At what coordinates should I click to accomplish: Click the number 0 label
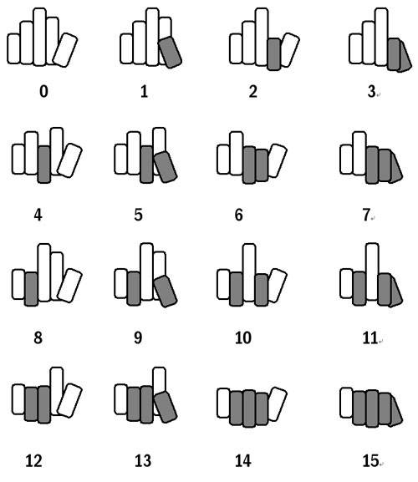point(43,91)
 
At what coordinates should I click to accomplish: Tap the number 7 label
point(366,215)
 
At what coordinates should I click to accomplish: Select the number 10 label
point(243,337)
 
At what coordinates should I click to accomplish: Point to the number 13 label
point(143,460)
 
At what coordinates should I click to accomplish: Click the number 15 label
point(370,460)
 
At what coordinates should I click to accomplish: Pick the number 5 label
point(138,215)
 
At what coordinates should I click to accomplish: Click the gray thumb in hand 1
point(170,52)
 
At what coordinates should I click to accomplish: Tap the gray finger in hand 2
point(273,54)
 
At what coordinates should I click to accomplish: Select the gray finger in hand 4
point(44,165)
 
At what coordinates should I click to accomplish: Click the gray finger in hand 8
point(32,289)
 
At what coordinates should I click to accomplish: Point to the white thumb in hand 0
point(65,50)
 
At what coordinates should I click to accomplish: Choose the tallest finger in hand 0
point(40,37)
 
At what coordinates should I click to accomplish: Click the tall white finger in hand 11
point(373,271)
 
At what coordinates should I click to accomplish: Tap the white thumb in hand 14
point(278,404)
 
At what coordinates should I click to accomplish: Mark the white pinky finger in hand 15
point(346,403)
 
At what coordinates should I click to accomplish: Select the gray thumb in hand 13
point(166,407)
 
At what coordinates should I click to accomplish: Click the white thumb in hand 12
point(69,400)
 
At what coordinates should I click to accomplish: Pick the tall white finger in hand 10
point(249,272)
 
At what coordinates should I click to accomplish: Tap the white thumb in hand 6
point(278,160)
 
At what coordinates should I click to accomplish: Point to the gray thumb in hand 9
point(166,291)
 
